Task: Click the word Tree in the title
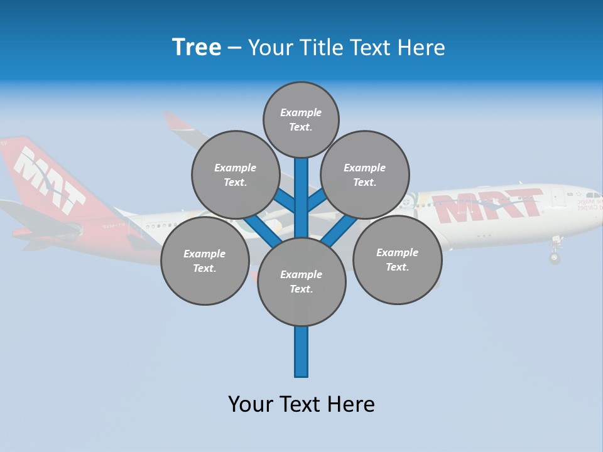[197, 48]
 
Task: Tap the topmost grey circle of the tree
[301, 119]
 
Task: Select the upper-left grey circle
[235, 175]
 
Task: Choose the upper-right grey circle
[364, 175]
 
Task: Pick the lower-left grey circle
[204, 261]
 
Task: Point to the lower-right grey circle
[397, 259]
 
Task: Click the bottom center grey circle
[301, 281]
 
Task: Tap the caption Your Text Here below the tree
[301, 404]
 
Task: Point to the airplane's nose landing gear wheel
[554, 257]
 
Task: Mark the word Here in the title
[421, 48]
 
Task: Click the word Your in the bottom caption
[251, 404]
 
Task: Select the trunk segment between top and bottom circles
[301, 201]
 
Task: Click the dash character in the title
[234, 48]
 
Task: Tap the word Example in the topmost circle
[301, 112]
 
